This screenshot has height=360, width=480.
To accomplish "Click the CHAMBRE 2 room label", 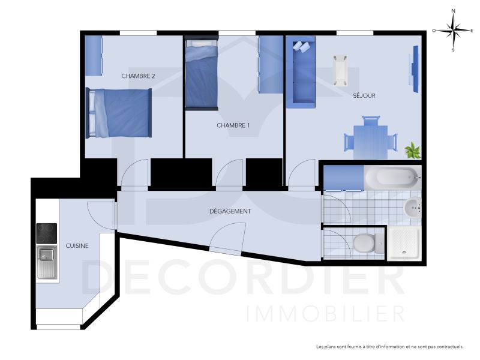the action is pos(138,76).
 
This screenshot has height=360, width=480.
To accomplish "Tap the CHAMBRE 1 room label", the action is pos(233,125).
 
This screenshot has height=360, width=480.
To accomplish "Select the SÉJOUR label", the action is pos(364,95).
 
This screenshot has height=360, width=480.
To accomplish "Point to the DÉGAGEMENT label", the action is pos(230,211).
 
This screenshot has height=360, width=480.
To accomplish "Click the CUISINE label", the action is pos(77,245).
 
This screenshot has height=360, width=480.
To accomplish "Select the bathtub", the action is pos(392,177).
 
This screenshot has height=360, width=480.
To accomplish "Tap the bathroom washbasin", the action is pos(413,208).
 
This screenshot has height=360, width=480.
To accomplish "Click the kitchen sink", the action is pos(47,263).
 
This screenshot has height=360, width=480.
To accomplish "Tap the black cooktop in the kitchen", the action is pos(47,233).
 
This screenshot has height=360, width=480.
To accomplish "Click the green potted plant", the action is pos(413,151).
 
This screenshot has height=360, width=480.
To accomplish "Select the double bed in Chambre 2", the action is pos(119,113).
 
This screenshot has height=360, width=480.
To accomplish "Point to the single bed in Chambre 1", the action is pos(202,73).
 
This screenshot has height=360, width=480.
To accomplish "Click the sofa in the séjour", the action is pos(301,72).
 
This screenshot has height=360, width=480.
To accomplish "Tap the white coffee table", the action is pos(340,70).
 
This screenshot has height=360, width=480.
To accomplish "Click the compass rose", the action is pos(453,31).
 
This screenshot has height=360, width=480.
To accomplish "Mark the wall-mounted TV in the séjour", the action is pos(414,69).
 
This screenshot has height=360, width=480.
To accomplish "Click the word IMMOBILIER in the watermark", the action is pos(326,313).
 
